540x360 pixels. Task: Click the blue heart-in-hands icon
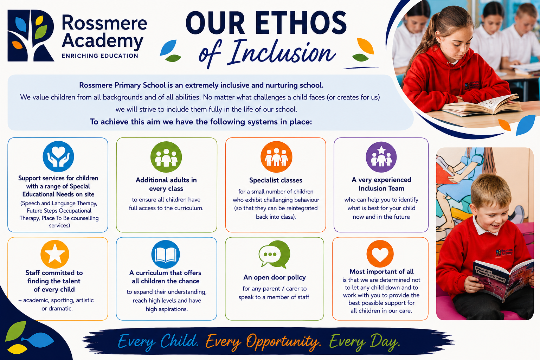coord(58,156)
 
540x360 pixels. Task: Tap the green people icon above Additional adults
coord(166,157)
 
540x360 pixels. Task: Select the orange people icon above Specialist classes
coord(276,157)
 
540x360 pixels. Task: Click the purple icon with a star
coord(381,157)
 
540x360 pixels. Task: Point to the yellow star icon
coord(55,254)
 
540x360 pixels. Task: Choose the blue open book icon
coord(166,255)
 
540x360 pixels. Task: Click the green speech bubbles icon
coord(274,254)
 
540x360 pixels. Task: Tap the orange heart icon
coord(380,254)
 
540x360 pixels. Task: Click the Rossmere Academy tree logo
coord(31,36)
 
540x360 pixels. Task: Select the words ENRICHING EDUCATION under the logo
coord(100,56)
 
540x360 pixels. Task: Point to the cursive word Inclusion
coord(282,53)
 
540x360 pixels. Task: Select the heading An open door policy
coord(275,277)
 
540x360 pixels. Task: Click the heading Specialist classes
coord(276,180)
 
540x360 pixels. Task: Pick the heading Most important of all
coord(381,271)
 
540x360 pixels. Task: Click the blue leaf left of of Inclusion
coord(168,47)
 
